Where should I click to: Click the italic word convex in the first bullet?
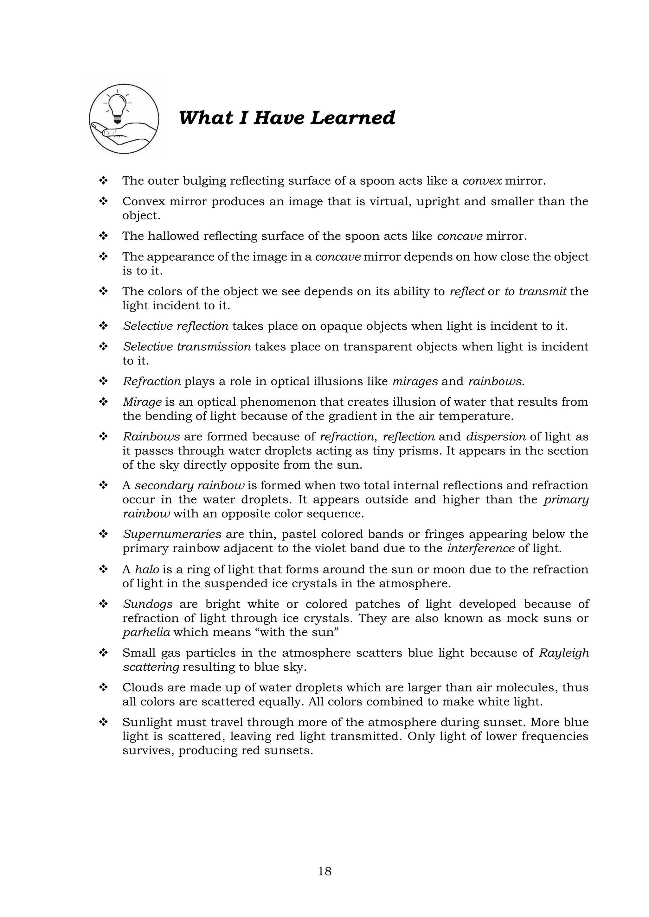click(482, 181)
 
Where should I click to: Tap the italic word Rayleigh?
click(564, 653)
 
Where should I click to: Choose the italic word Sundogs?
click(147, 604)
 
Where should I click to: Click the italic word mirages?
click(415, 382)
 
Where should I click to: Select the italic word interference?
click(481, 548)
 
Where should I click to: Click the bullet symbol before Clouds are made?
click(104, 688)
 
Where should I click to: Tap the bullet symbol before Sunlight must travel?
click(104, 723)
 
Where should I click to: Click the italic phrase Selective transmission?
click(187, 347)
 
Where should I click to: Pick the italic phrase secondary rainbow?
click(190, 486)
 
